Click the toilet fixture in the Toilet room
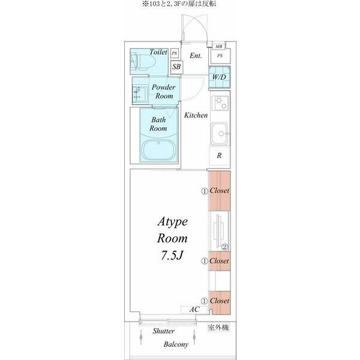143,62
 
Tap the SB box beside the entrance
176,67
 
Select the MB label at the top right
219,47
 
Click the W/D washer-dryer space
219,77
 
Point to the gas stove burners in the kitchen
220,103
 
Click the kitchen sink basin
220,134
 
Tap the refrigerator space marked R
219,155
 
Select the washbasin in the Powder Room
140,95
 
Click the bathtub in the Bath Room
158,150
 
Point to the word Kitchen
196,115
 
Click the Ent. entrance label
196,56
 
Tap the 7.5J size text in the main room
172,255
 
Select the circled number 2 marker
224,247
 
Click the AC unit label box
194,310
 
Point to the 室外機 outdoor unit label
218,328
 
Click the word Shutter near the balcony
163,331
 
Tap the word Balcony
176,344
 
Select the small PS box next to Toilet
175,53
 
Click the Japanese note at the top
179,4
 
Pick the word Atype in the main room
172,222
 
